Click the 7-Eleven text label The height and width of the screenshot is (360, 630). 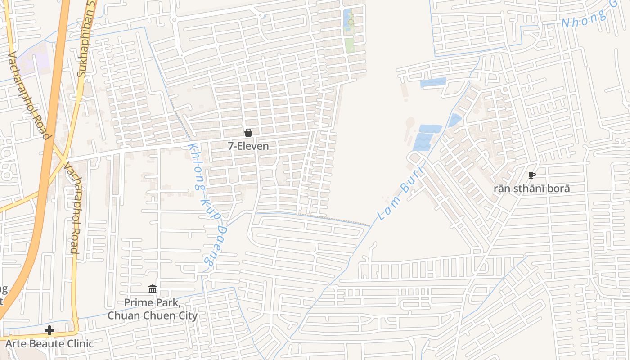[248, 146]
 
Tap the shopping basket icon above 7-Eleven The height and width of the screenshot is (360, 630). [248, 133]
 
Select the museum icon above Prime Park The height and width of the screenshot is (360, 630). [153, 289]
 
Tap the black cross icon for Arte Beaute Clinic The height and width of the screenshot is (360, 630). [49, 331]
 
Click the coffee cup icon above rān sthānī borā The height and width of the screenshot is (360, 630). [532, 175]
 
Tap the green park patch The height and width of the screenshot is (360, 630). [350, 45]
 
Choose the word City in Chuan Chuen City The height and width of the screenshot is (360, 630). [186, 315]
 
